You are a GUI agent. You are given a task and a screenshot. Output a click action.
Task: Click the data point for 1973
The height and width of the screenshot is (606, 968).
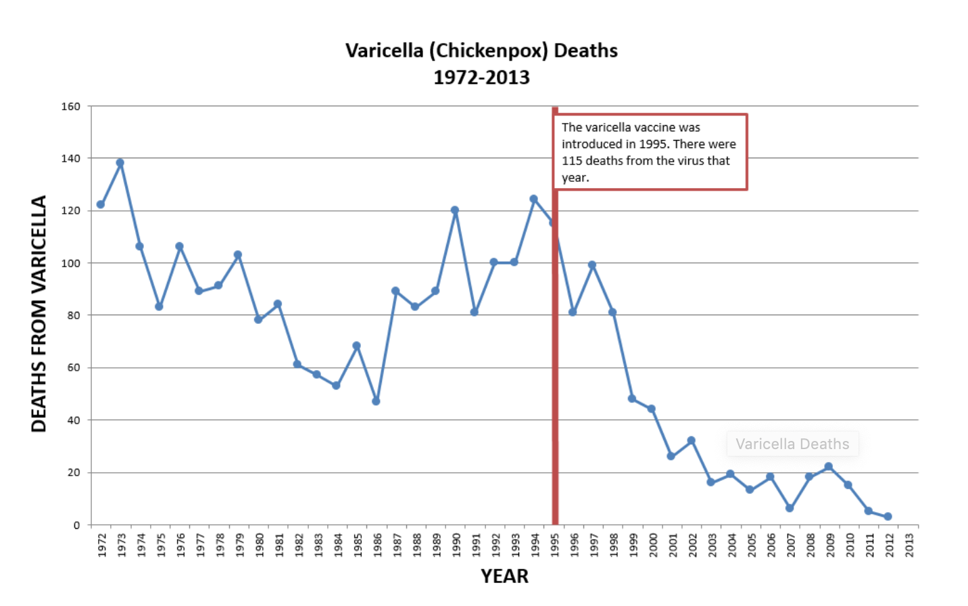(120, 163)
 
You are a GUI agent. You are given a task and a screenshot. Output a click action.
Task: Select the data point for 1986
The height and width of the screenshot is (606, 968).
(376, 402)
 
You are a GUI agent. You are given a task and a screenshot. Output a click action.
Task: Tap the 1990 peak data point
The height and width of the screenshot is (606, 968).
(455, 210)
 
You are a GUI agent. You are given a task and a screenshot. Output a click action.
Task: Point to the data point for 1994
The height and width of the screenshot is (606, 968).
(533, 200)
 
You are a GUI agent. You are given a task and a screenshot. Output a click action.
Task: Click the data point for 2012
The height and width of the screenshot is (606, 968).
(888, 517)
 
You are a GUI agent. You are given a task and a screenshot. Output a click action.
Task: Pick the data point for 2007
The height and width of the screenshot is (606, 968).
(790, 508)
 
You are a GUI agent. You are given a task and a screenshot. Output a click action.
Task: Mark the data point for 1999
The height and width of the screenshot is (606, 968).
(632, 399)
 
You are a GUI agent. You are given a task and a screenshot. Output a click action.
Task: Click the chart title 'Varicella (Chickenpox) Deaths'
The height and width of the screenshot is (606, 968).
(481, 51)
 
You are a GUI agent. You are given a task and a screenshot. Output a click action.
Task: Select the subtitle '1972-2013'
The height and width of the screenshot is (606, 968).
(481, 78)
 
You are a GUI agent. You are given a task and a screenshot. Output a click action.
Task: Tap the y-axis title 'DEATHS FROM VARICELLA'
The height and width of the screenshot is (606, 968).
(39, 314)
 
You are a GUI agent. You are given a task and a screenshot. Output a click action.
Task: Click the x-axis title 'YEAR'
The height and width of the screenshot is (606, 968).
(504, 576)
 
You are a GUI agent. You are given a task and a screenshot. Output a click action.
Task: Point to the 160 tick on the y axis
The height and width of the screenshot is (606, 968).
(71, 106)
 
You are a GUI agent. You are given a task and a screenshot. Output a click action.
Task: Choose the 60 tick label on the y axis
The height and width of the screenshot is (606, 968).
(74, 368)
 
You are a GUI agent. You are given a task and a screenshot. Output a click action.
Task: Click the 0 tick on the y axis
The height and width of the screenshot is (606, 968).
(77, 525)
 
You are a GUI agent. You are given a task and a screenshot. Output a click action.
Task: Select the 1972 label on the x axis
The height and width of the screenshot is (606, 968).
(102, 545)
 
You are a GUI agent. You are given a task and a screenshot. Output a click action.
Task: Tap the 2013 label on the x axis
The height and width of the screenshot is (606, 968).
(909, 545)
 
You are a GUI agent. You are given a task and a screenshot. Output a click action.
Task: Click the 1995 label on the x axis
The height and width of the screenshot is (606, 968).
(555, 545)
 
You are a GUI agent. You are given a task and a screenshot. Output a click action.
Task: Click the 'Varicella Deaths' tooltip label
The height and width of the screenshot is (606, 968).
(792, 444)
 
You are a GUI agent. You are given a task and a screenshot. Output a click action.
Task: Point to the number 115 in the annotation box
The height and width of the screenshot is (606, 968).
(572, 161)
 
